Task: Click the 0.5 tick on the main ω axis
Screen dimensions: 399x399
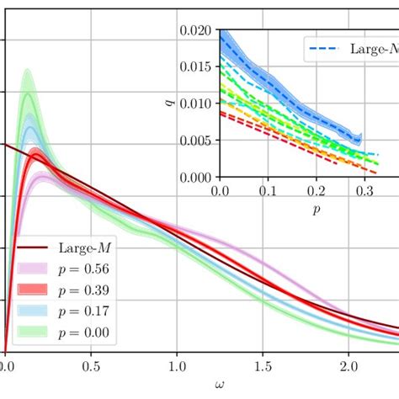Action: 91,368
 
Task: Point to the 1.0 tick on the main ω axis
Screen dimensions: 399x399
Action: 177,368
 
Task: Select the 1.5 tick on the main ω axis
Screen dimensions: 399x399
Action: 263,368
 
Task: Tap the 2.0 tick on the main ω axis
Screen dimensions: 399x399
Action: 348,368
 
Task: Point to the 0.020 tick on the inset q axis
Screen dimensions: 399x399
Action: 198,30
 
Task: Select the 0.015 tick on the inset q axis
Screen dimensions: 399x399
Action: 198,67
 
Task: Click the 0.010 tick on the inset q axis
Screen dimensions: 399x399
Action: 198,104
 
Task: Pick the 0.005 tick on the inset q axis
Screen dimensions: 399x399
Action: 198,141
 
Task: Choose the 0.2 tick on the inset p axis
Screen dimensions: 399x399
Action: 317,190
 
